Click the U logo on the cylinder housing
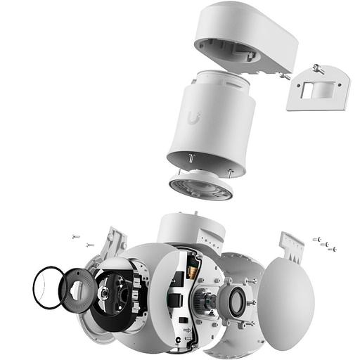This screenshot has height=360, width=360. pos(194,117)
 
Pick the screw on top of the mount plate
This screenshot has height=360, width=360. pos(318,69)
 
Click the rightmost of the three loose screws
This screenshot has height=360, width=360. pos(332,249)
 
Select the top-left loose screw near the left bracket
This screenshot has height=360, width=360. pos(76,237)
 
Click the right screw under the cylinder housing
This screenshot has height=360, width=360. pos(230,171)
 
